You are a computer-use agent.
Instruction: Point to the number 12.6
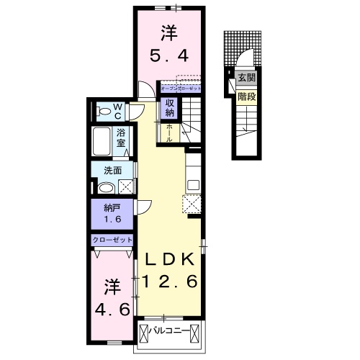[x=170, y=283]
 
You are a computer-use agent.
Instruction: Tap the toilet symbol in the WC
[x=104, y=112]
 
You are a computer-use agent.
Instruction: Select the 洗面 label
[x=112, y=171]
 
